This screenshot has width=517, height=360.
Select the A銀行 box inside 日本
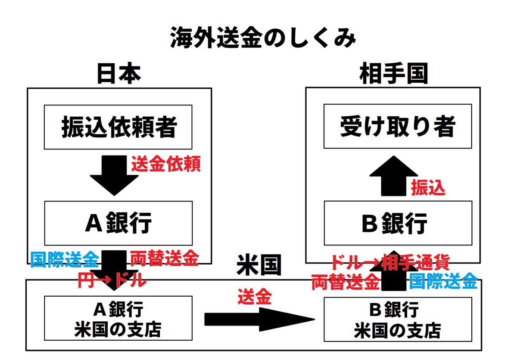click(118, 223)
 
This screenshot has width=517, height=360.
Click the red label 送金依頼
click(165, 165)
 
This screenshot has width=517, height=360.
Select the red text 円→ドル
click(112, 280)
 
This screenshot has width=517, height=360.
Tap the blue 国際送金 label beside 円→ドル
click(65, 260)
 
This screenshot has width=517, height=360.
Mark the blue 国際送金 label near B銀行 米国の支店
click(443, 282)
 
